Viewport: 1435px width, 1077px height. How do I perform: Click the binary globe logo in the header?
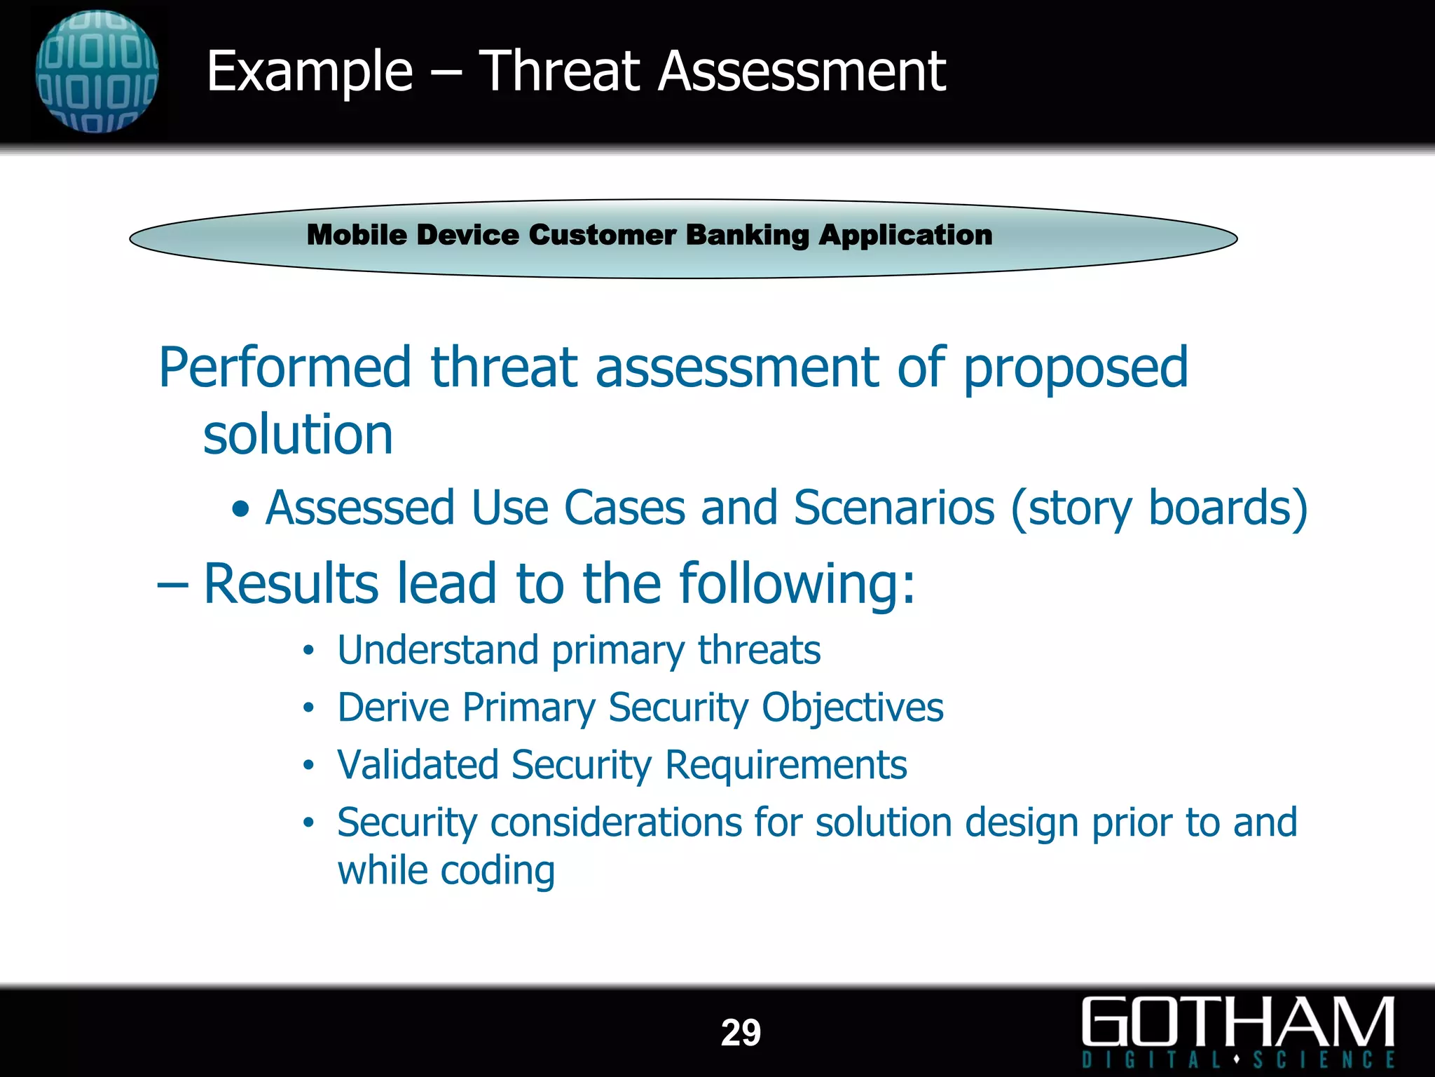click(x=97, y=72)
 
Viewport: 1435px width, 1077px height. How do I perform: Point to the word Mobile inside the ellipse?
click(x=357, y=235)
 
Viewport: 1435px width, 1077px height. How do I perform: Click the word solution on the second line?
click(x=298, y=435)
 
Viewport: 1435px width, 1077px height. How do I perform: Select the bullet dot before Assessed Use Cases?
click(x=240, y=510)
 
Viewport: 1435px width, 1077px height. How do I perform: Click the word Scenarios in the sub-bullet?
click(x=894, y=508)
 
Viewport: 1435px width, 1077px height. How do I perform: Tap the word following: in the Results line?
click(x=797, y=584)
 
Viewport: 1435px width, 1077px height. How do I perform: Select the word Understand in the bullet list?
click(x=437, y=650)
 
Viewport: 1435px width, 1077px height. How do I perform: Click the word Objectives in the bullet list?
click(x=852, y=708)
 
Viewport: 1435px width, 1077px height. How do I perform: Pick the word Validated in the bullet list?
click(x=418, y=765)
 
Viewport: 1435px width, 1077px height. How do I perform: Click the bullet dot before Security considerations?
click(x=308, y=822)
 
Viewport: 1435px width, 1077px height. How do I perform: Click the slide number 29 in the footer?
click(x=741, y=1033)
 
